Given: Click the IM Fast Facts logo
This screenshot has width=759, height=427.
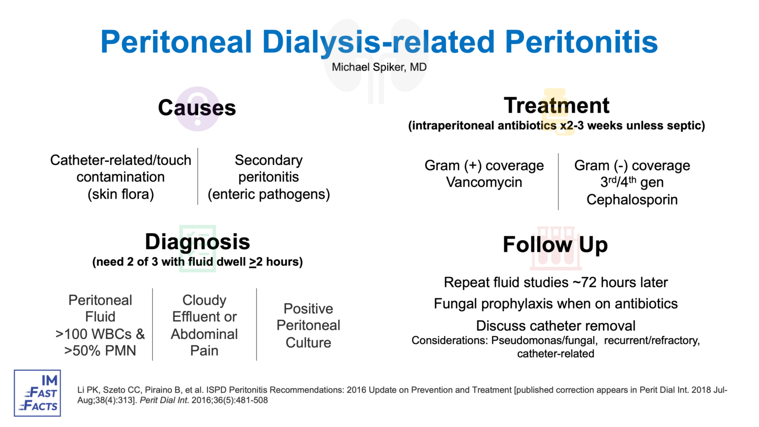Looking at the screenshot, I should pos(38,393).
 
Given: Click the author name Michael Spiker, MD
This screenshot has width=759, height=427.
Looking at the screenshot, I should pos(379,67).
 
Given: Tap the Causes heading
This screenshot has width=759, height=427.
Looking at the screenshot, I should pos(197,108).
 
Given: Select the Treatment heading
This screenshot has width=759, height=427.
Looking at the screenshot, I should pos(556,105).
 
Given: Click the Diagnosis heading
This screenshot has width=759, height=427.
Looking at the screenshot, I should pos(197,242).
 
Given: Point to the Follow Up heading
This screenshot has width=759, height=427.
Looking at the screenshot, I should pos(555,245).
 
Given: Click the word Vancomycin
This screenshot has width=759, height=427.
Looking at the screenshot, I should pos(484,182).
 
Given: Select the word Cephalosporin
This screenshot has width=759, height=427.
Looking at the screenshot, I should pos(632,200).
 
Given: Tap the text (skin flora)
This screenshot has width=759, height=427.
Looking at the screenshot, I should pos(121,194).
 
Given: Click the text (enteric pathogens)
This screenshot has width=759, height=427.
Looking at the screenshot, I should pos(268,194).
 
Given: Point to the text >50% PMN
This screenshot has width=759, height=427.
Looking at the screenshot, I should pos(100,351).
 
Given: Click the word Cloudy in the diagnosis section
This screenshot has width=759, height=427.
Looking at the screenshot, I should pos(204,300).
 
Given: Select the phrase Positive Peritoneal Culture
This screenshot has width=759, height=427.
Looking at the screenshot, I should pos(308,325).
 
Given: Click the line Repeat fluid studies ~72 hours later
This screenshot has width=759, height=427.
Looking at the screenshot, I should pos(555,282).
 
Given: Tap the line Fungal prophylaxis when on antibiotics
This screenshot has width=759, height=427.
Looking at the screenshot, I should pos(555,303).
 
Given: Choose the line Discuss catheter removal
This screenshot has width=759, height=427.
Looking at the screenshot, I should pos(555,326).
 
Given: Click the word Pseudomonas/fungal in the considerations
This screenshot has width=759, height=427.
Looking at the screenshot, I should pos(544,341).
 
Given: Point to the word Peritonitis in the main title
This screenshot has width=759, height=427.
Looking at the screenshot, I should pos(581,42).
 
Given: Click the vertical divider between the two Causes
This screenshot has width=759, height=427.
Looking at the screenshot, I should pos(198,176).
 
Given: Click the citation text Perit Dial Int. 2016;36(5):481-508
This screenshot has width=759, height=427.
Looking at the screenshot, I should pos(204,400).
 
